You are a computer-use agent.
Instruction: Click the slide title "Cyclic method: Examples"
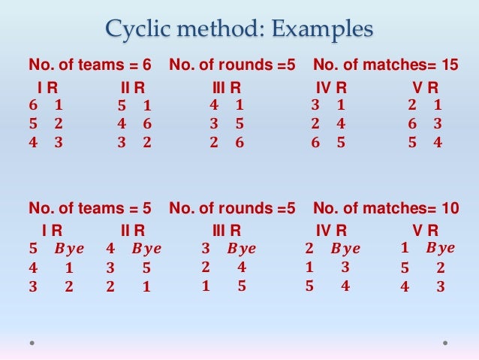[x=239, y=30]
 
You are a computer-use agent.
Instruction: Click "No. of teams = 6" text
[x=90, y=65]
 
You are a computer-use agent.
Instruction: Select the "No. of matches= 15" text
[x=385, y=65]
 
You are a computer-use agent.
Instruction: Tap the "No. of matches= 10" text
[x=385, y=208]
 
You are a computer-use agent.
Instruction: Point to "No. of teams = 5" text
[x=90, y=208]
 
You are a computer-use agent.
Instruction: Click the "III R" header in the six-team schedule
[x=226, y=87]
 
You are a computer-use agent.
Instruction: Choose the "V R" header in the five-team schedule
[x=426, y=230]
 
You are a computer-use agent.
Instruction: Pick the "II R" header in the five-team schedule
[x=133, y=230]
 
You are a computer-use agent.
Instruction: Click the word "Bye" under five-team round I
[x=69, y=249]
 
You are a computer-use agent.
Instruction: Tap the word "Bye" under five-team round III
[x=241, y=249]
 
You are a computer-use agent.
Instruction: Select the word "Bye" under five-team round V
[x=440, y=248]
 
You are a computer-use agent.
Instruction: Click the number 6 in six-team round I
[x=32, y=105]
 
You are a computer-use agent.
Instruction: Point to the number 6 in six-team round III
[x=239, y=141]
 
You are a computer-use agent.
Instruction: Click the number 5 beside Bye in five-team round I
[x=32, y=249]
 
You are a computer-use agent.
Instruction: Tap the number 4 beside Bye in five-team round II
[x=110, y=249]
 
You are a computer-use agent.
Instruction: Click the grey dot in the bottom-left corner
[x=33, y=343]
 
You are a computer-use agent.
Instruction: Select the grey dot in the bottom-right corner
[x=445, y=343]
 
